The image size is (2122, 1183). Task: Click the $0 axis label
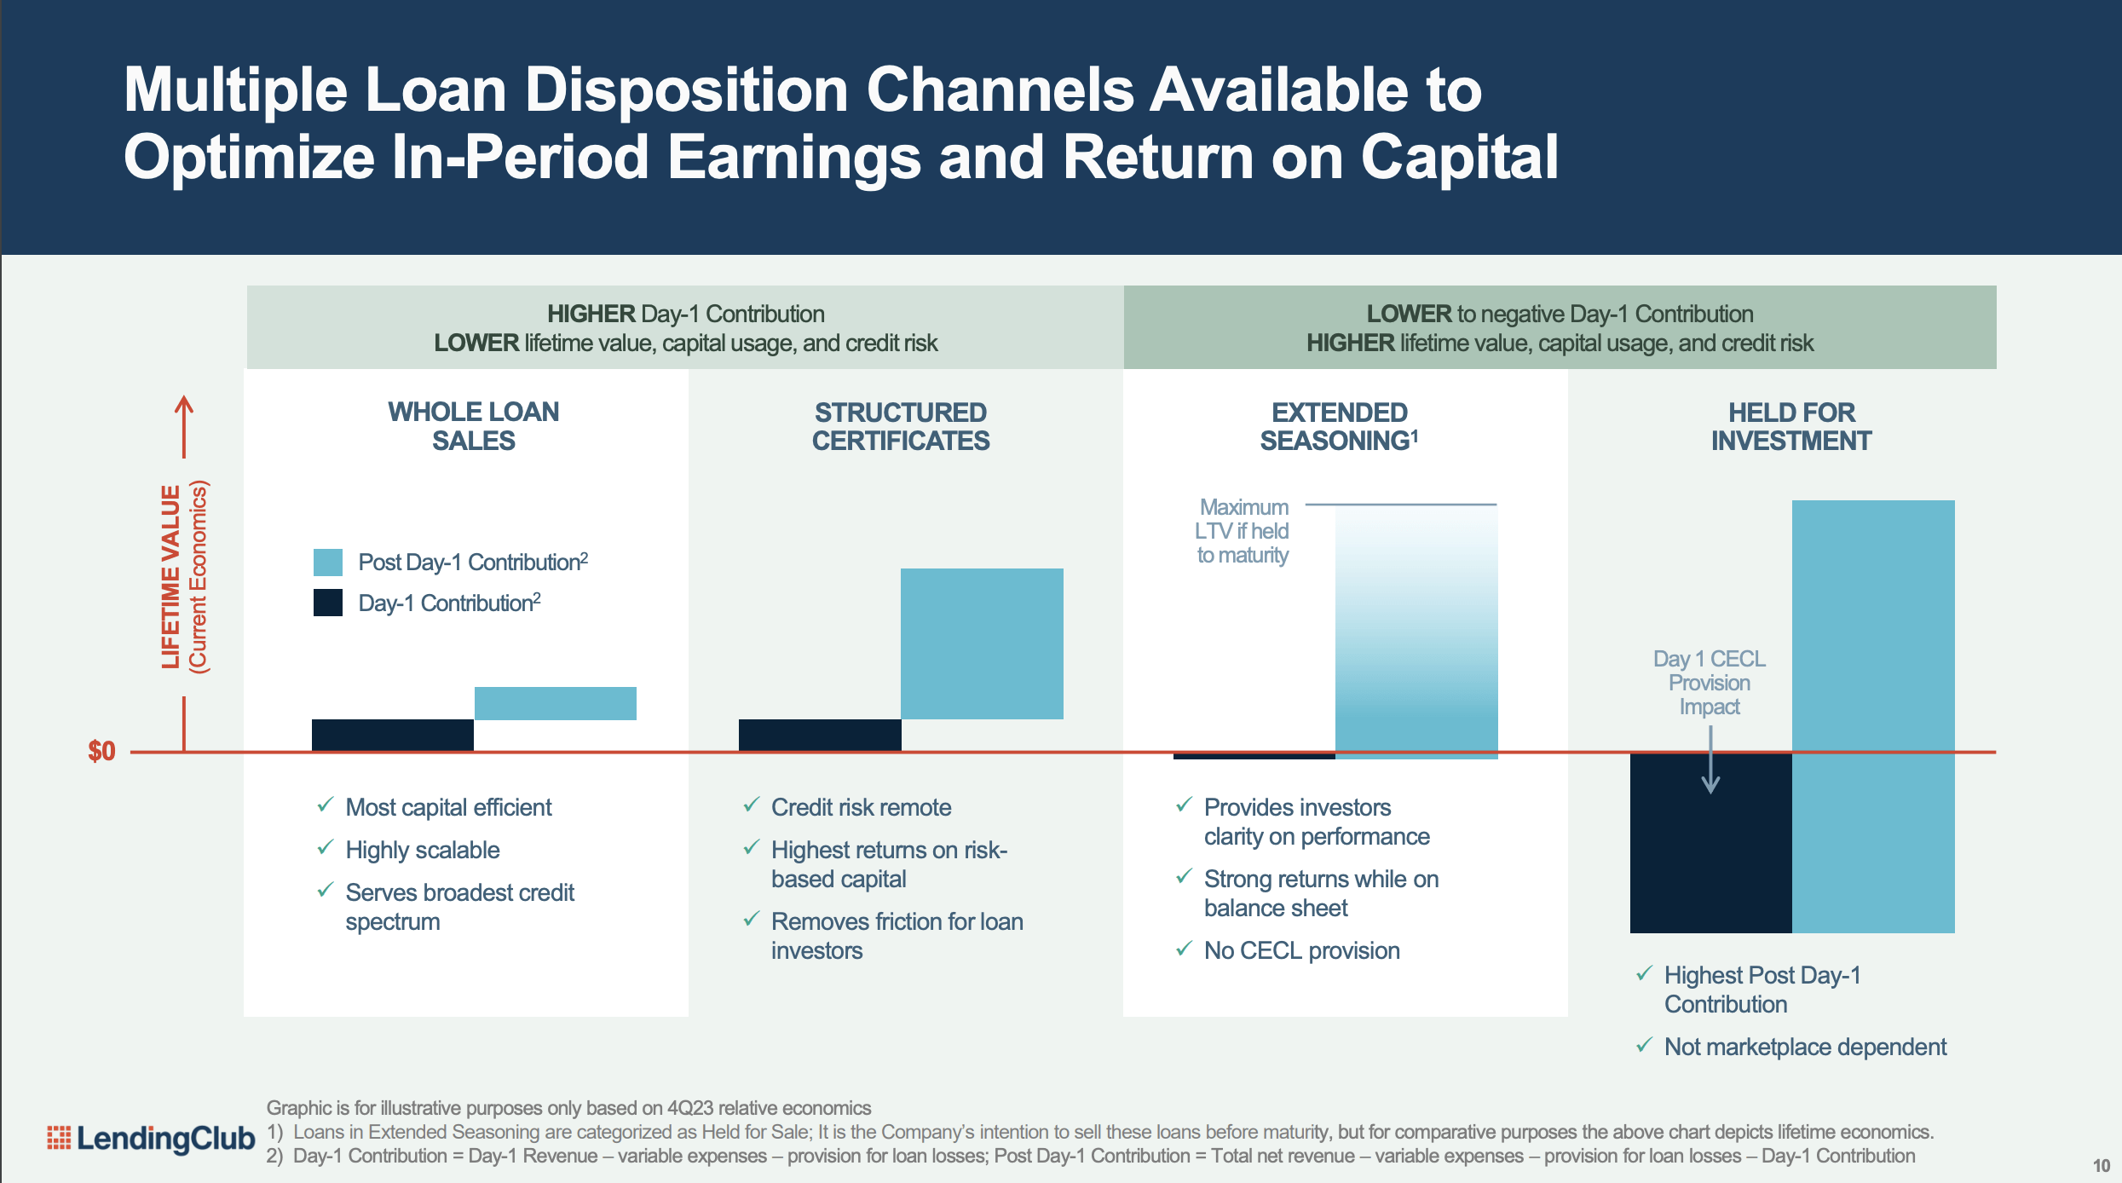click(x=101, y=751)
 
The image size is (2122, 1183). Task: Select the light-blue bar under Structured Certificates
click(x=982, y=643)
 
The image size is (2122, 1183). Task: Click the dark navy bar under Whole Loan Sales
click(x=392, y=735)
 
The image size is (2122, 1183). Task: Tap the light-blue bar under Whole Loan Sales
click(x=555, y=703)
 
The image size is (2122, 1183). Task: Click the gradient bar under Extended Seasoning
click(x=1416, y=631)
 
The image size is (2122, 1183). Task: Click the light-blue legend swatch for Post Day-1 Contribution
click(x=328, y=563)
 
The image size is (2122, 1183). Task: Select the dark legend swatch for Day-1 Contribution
click(x=328, y=603)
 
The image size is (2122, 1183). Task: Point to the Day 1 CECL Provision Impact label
click(x=1709, y=683)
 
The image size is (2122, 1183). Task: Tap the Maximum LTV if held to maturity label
click(x=1243, y=531)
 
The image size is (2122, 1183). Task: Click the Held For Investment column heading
click(x=1790, y=426)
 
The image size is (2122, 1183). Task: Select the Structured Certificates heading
click(x=900, y=426)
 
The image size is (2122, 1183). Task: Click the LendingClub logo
click(x=152, y=1138)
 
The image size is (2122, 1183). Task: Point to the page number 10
click(x=2102, y=1165)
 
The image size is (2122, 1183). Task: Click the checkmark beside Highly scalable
click(x=325, y=848)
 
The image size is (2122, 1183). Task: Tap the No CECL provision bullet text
click(x=1301, y=950)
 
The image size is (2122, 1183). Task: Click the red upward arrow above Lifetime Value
click(x=184, y=426)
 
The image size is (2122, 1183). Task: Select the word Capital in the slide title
click(x=1459, y=158)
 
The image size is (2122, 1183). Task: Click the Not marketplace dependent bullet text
click(x=1805, y=1047)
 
